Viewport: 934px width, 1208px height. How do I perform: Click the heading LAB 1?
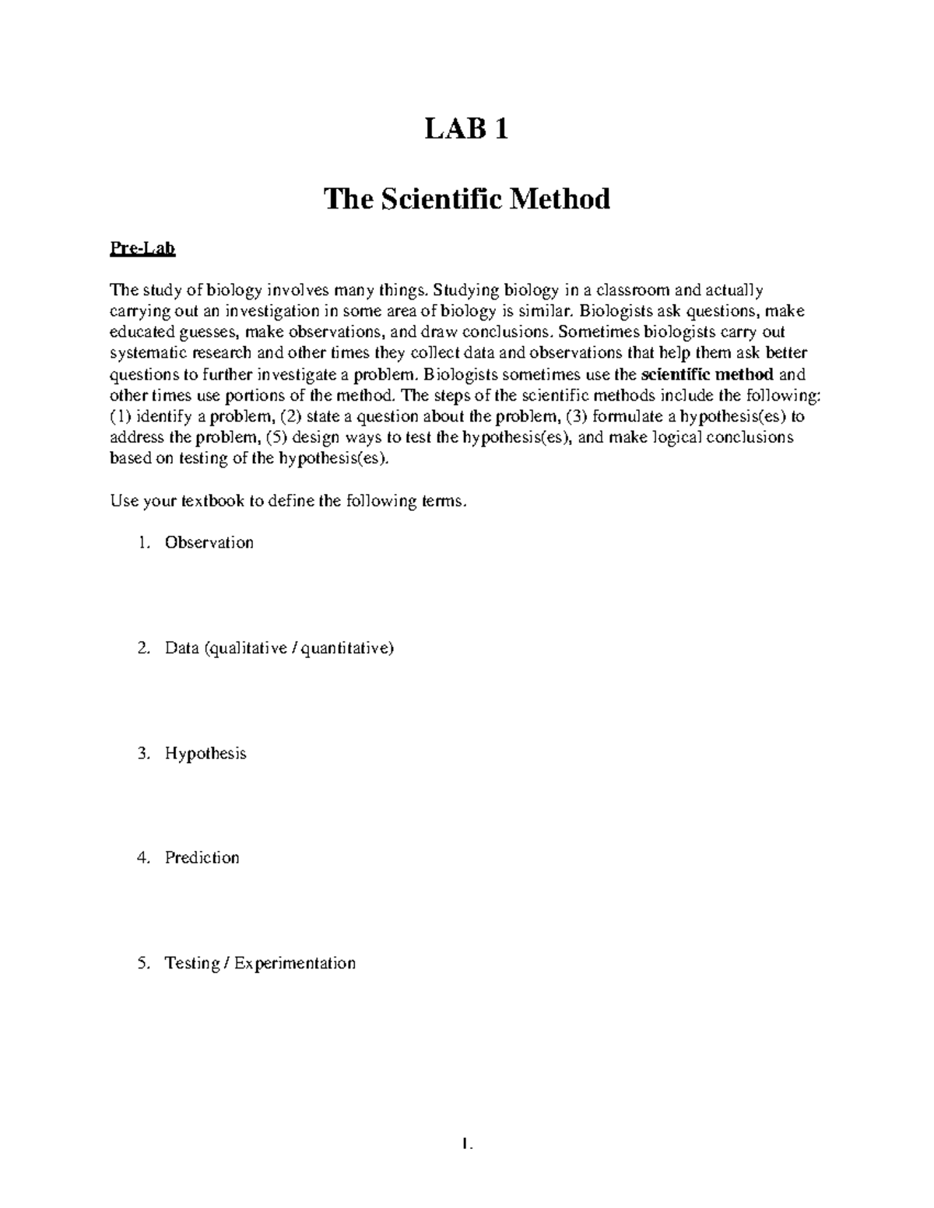pos(466,129)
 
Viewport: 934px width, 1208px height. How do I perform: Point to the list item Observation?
pos(209,543)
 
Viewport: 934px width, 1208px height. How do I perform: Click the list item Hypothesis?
pos(205,754)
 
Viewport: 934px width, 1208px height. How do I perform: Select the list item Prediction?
pos(202,858)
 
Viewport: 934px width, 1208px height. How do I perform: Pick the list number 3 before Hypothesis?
pos(142,754)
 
